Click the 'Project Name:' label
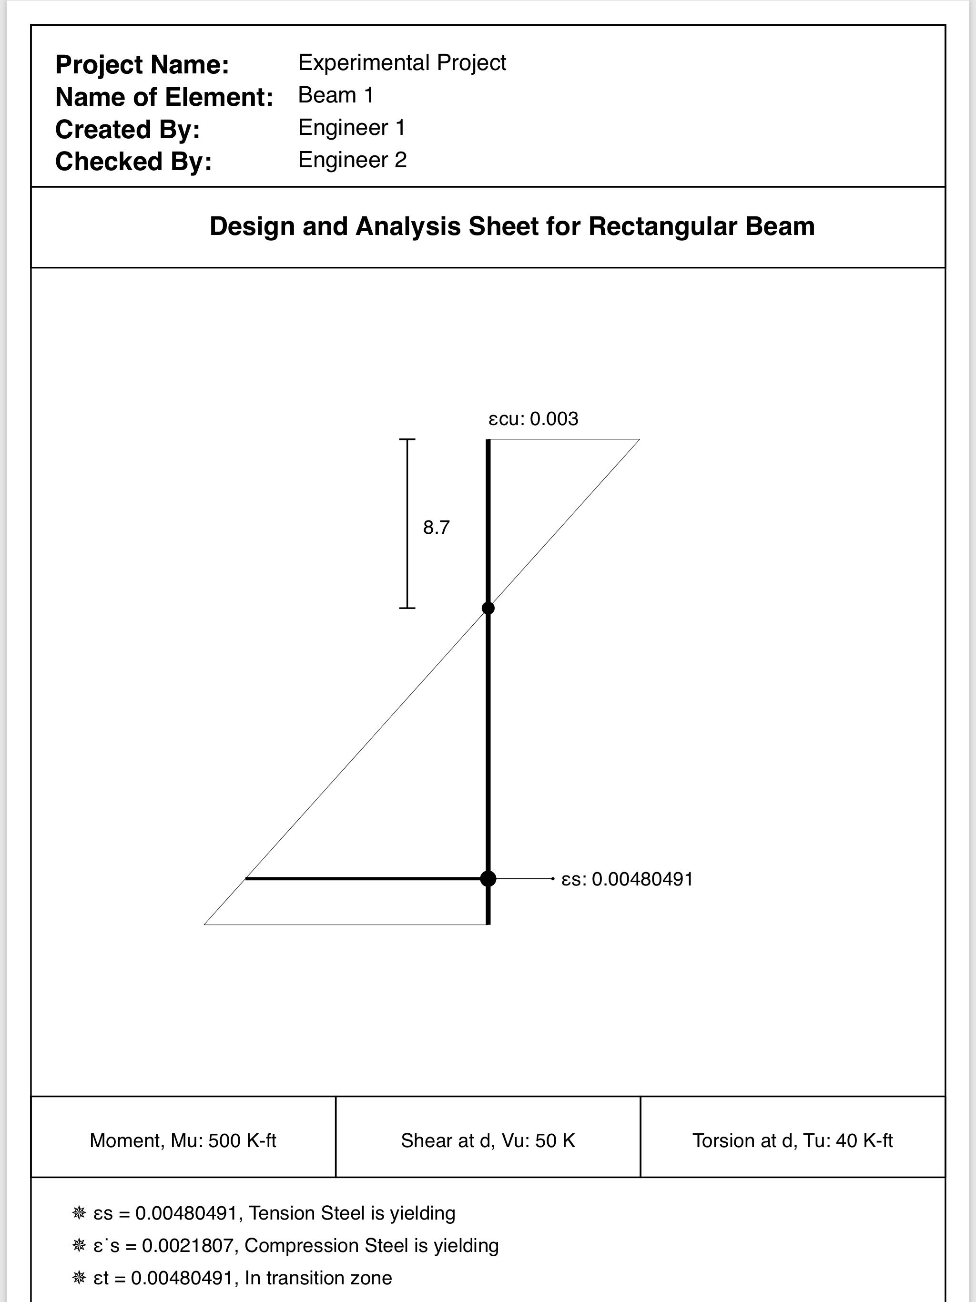142,65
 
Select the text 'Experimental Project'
402,62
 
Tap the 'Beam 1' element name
335,95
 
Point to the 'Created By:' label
128,130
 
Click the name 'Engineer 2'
352,160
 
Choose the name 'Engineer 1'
351,127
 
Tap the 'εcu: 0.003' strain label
533,419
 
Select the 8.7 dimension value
436,528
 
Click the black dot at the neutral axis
488,608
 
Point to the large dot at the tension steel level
488,879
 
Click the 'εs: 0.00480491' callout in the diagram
628,879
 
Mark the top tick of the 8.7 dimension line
407,439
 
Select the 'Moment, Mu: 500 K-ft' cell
183,1141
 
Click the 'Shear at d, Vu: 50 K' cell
488,1141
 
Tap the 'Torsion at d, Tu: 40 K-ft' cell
793,1141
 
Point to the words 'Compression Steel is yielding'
371,1245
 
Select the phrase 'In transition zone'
318,1278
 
